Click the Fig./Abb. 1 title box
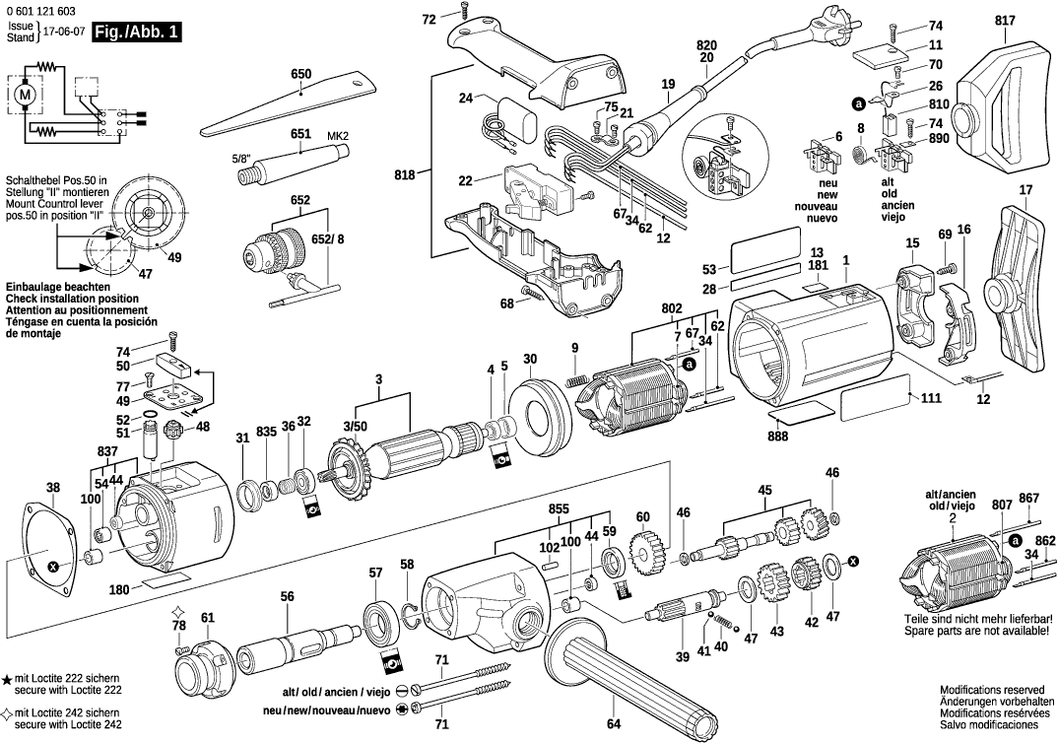[x=136, y=32]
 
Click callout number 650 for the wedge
[x=300, y=75]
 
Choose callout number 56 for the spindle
[x=287, y=596]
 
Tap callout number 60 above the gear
[x=642, y=517]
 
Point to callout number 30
[x=530, y=358]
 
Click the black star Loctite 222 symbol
[x=7, y=680]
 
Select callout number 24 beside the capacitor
[x=466, y=99]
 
